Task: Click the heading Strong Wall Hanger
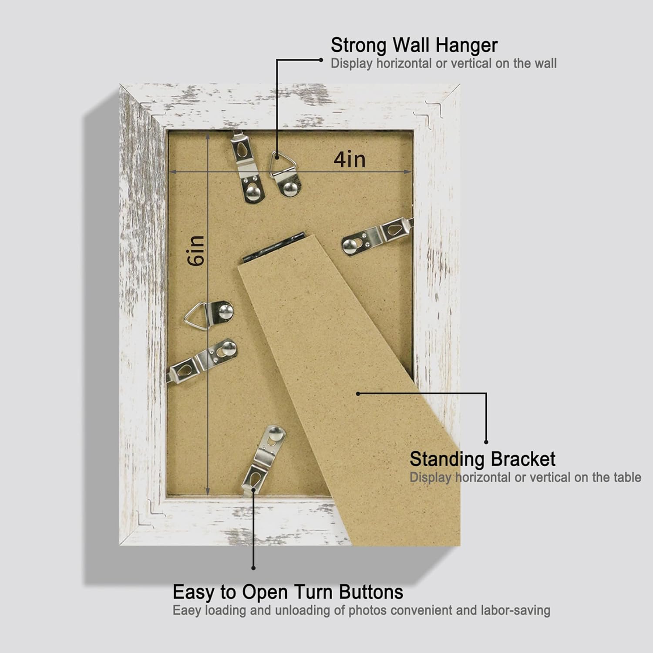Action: click(414, 45)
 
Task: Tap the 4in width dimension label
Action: click(350, 160)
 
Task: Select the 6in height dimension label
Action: click(196, 250)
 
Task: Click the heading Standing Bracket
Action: click(482, 459)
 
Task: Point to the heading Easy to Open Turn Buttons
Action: click(288, 592)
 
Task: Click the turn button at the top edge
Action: click(247, 168)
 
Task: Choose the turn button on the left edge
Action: click(202, 361)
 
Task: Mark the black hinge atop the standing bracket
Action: click(274, 247)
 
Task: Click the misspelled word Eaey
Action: click(187, 611)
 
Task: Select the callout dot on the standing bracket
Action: click(358, 394)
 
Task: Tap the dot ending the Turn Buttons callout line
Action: click(253, 568)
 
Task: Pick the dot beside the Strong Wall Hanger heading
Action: click(321, 60)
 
